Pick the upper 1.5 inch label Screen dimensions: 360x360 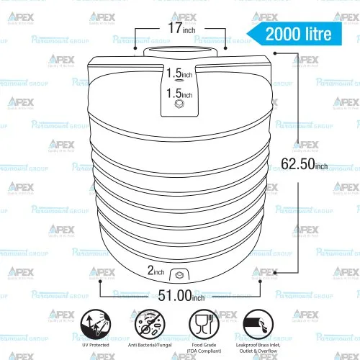click(x=179, y=74)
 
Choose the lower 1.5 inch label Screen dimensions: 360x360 click(x=179, y=94)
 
